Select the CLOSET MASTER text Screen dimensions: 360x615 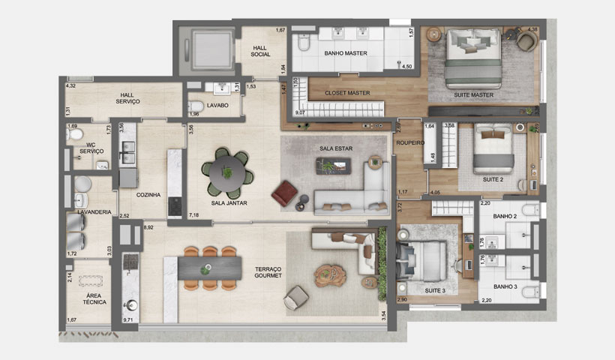point(347,93)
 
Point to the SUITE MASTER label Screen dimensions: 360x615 point(473,95)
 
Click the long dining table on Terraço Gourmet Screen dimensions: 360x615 point(209,268)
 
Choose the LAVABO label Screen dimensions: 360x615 point(217,105)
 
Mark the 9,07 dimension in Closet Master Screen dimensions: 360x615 point(299,112)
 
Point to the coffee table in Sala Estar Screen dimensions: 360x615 point(335,167)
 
